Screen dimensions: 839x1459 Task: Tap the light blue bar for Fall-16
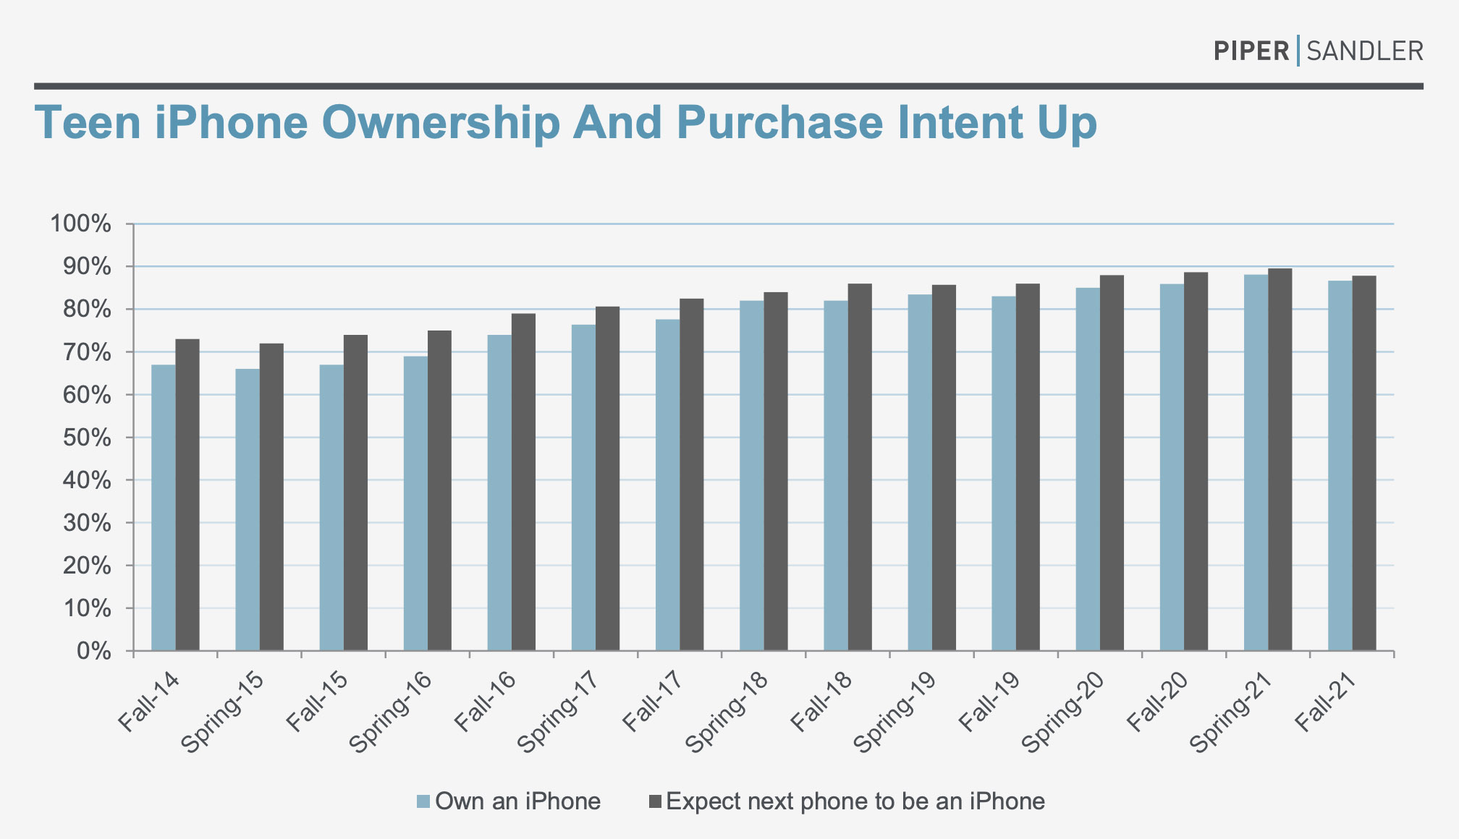499,493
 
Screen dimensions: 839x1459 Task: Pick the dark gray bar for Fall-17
691,474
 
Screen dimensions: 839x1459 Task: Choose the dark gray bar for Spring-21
1280,459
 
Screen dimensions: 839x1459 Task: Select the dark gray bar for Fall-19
1028,467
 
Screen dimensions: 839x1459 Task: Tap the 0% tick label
93,652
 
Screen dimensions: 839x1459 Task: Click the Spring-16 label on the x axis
391,712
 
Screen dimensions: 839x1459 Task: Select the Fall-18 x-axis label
821,702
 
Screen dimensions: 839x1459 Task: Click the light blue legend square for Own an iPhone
423,801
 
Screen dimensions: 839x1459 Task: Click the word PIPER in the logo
1251,51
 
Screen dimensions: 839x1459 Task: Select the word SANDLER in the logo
1365,51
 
